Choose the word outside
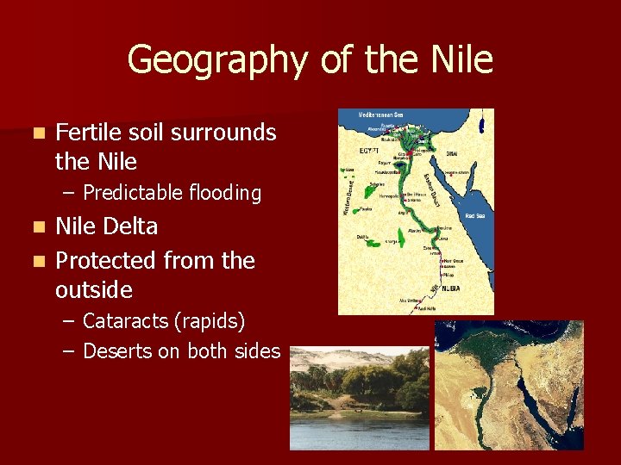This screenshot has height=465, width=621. (x=93, y=288)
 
